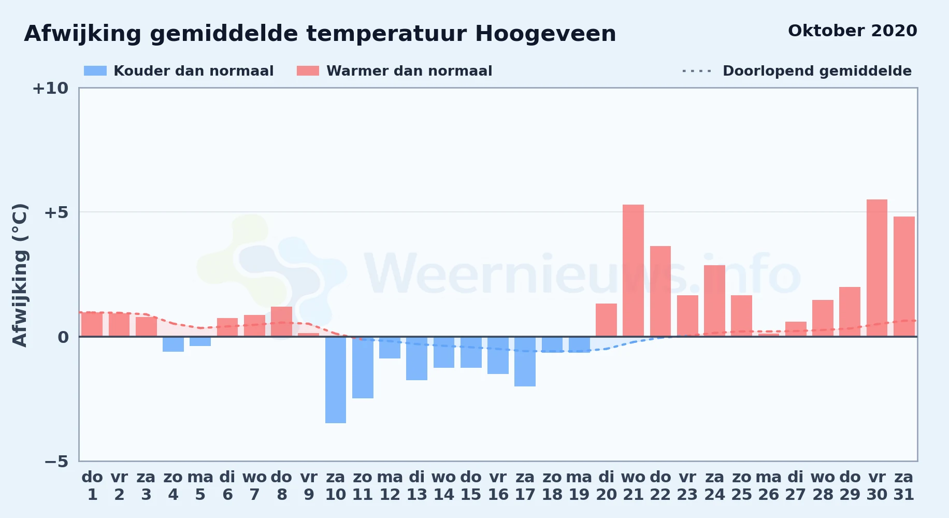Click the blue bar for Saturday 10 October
(336, 380)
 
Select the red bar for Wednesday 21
(633, 270)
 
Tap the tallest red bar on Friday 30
(877, 268)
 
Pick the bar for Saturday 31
(904, 277)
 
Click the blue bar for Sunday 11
(363, 367)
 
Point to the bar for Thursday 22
(660, 291)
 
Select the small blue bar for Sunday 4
(173, 344)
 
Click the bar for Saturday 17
(525, 362)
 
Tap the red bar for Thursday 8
(281, 322)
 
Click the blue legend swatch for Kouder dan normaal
(95, 71)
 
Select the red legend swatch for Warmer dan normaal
(308, 71)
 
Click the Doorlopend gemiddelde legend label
(817, 71)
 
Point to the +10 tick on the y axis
(50, 89)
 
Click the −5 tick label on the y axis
(56, 462)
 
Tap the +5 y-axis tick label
(56, 212)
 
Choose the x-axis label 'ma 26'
(769, 485)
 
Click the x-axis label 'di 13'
(417, 485)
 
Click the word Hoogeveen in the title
(545, 34)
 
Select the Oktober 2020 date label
(853, 31)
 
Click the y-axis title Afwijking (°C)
(20, 275)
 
